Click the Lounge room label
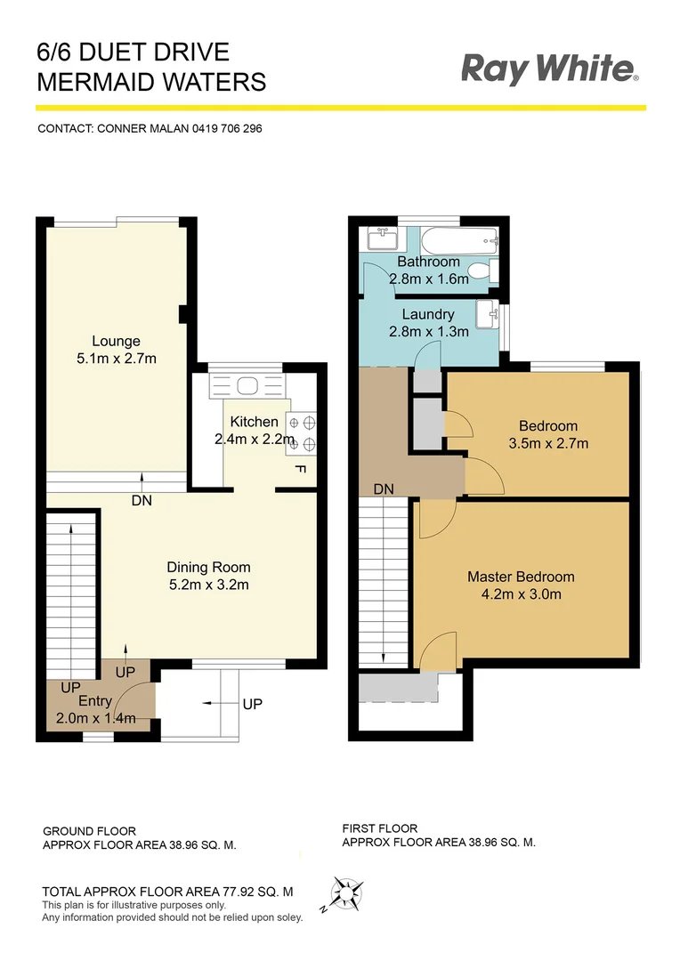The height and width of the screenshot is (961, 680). pyautogui.click(x=116, y=341)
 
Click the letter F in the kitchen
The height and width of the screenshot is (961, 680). pyautogui.click(x=299, y=469)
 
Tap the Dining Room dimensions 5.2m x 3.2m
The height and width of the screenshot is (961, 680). pyautogui.click(x=208, y=585)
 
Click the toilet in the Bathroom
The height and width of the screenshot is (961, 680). pyautogui.click(x=481, y=271)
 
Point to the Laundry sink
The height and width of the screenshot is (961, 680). pyautogui.click(x=486, y=314)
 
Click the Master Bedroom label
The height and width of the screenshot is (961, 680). pyautogui.click(x=521, y=577)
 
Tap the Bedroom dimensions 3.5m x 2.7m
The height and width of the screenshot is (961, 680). pyautogui.click(x=547, y=443)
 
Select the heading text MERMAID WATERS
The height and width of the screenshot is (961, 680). pyautogui.click(x=151, y=83)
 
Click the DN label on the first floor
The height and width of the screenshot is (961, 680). pyautogui.click(x=384, y=489)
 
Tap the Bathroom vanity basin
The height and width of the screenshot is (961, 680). pyautogui.click(x=385, y=238)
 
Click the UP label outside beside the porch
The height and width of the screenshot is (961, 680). pyautogui.click(x=253, y=704)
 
